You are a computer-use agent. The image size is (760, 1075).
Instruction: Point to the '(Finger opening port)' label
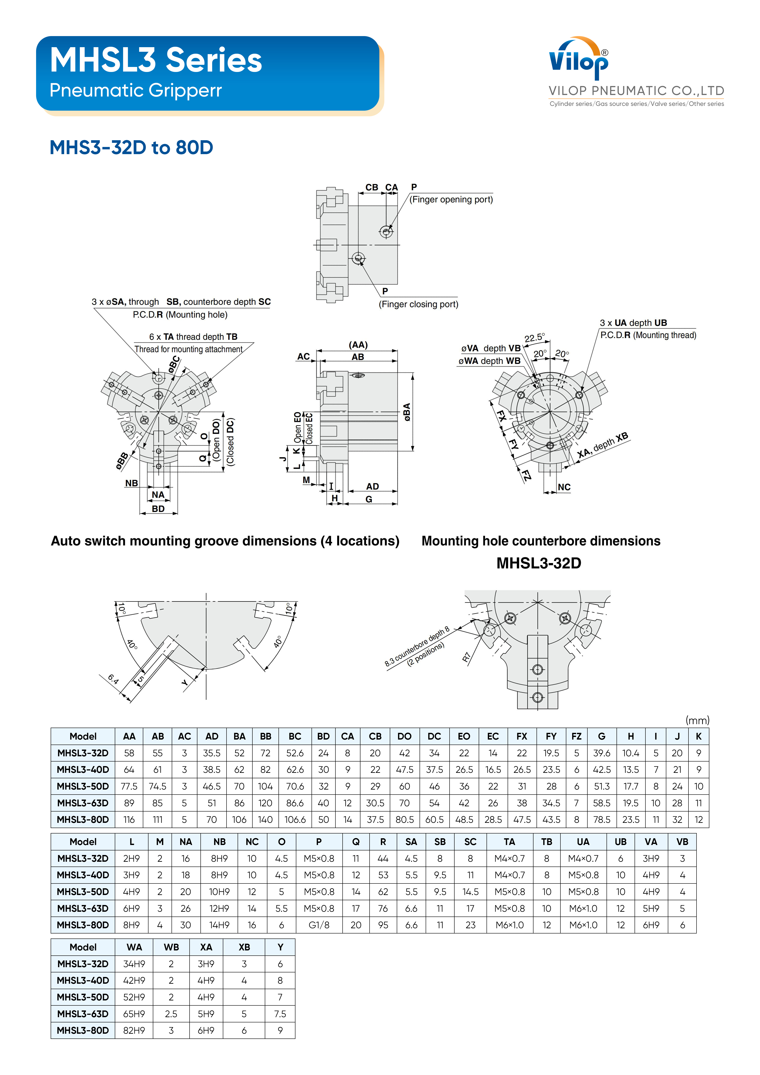[451, 199]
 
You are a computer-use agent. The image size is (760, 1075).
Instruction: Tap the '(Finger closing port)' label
[418, 304]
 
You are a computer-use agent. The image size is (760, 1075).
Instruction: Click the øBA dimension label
[407, 412]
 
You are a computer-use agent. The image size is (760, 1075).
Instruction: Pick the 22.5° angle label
[534, 338]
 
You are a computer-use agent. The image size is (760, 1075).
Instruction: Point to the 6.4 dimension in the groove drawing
[113, 679]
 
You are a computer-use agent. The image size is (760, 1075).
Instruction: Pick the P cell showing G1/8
[319, 925]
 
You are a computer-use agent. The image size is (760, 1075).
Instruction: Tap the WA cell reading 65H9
[134, 1014]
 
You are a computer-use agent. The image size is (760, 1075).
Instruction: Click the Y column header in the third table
[280, 947]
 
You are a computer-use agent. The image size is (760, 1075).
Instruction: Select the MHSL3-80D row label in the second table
[83, 925]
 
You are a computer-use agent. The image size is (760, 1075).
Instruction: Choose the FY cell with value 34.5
[551, 803]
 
